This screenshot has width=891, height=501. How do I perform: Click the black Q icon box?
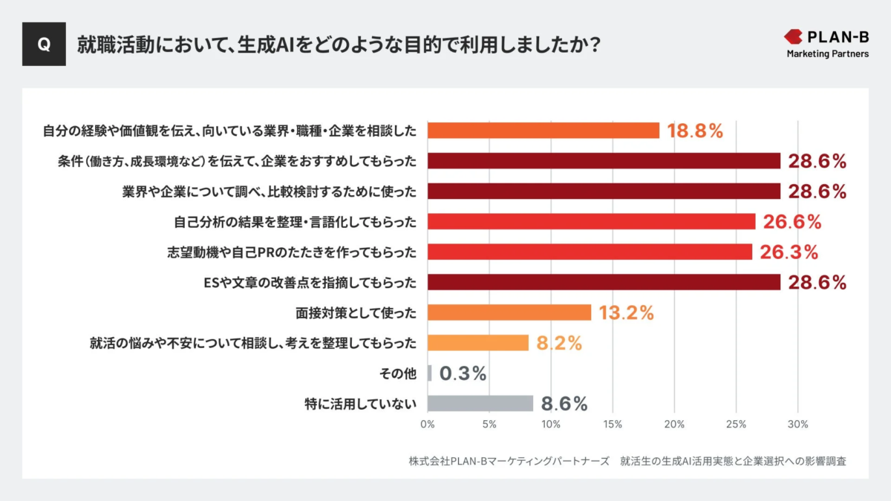click(44, 45)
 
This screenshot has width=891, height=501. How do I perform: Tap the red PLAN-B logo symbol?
click(794, 36)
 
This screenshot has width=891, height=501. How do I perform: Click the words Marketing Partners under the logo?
click(827, 54)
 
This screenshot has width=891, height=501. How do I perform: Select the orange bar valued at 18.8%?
click(544, 131)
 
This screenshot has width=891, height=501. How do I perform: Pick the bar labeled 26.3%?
click(590, 252)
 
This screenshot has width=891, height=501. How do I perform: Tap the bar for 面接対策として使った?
click(509, 312)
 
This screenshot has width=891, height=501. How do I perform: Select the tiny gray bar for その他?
click(429, 373)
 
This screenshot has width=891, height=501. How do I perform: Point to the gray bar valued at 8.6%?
click(480, 404)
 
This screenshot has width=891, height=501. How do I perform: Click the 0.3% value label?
click(463, 374)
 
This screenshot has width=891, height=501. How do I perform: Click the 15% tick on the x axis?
click(613, 425)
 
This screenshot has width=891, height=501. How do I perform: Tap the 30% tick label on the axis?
click(797, 425)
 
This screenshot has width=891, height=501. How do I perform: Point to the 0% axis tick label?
click(428, 425)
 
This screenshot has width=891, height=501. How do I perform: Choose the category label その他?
click(399, 373)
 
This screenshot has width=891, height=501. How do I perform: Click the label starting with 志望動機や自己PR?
click(292, 252)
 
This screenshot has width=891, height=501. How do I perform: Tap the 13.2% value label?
click(626, 313)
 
